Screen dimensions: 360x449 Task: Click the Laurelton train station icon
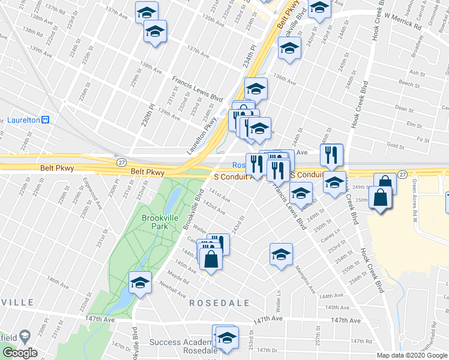[45, 119]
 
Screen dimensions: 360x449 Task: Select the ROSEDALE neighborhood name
[219, 303]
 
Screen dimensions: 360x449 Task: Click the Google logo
[19, 353]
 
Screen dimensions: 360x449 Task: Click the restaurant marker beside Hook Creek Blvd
[332, 155]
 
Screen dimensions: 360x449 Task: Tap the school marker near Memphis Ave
[281, 254]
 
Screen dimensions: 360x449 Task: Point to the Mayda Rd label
[179, 279]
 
